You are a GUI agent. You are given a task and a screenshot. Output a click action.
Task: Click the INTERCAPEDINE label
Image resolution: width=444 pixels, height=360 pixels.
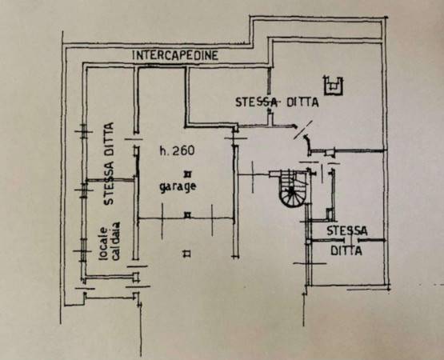175,55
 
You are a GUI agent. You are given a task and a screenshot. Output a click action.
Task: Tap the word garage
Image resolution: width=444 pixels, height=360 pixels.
178,187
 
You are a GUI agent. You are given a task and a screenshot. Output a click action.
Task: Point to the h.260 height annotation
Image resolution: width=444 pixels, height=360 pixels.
178,150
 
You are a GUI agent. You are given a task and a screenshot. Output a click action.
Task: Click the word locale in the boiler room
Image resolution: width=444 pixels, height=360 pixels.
102,243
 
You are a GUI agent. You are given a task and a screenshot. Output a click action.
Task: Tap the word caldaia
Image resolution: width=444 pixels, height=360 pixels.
116,241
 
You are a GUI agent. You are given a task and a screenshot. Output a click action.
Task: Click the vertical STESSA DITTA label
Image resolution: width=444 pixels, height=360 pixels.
109,163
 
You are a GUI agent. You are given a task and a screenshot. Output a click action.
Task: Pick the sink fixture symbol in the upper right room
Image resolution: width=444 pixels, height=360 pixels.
333,86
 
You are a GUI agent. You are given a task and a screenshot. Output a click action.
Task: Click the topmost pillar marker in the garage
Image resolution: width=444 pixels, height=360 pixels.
187,174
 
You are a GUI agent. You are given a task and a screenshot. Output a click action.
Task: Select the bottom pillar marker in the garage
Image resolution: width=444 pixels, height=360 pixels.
187,254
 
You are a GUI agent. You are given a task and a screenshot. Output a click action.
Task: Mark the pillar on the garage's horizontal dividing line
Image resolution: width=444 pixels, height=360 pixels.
187,215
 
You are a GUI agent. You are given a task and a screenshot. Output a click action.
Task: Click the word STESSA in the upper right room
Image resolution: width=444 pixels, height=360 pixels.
256,102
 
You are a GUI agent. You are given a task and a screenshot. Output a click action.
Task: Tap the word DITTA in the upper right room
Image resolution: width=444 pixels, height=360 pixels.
302,102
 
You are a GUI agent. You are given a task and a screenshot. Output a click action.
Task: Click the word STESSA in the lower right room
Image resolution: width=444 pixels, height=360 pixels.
347,231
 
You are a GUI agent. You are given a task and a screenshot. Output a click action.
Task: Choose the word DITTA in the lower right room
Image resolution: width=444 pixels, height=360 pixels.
346,250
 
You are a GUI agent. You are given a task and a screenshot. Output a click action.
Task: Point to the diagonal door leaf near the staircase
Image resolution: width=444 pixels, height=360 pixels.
303,130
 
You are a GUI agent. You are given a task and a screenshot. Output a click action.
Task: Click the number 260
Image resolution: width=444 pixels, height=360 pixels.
183,150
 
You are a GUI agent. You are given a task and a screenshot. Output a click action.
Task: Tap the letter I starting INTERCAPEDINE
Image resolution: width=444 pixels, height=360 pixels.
134,55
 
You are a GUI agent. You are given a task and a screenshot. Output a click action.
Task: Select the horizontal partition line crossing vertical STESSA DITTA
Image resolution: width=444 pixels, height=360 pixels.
110,179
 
